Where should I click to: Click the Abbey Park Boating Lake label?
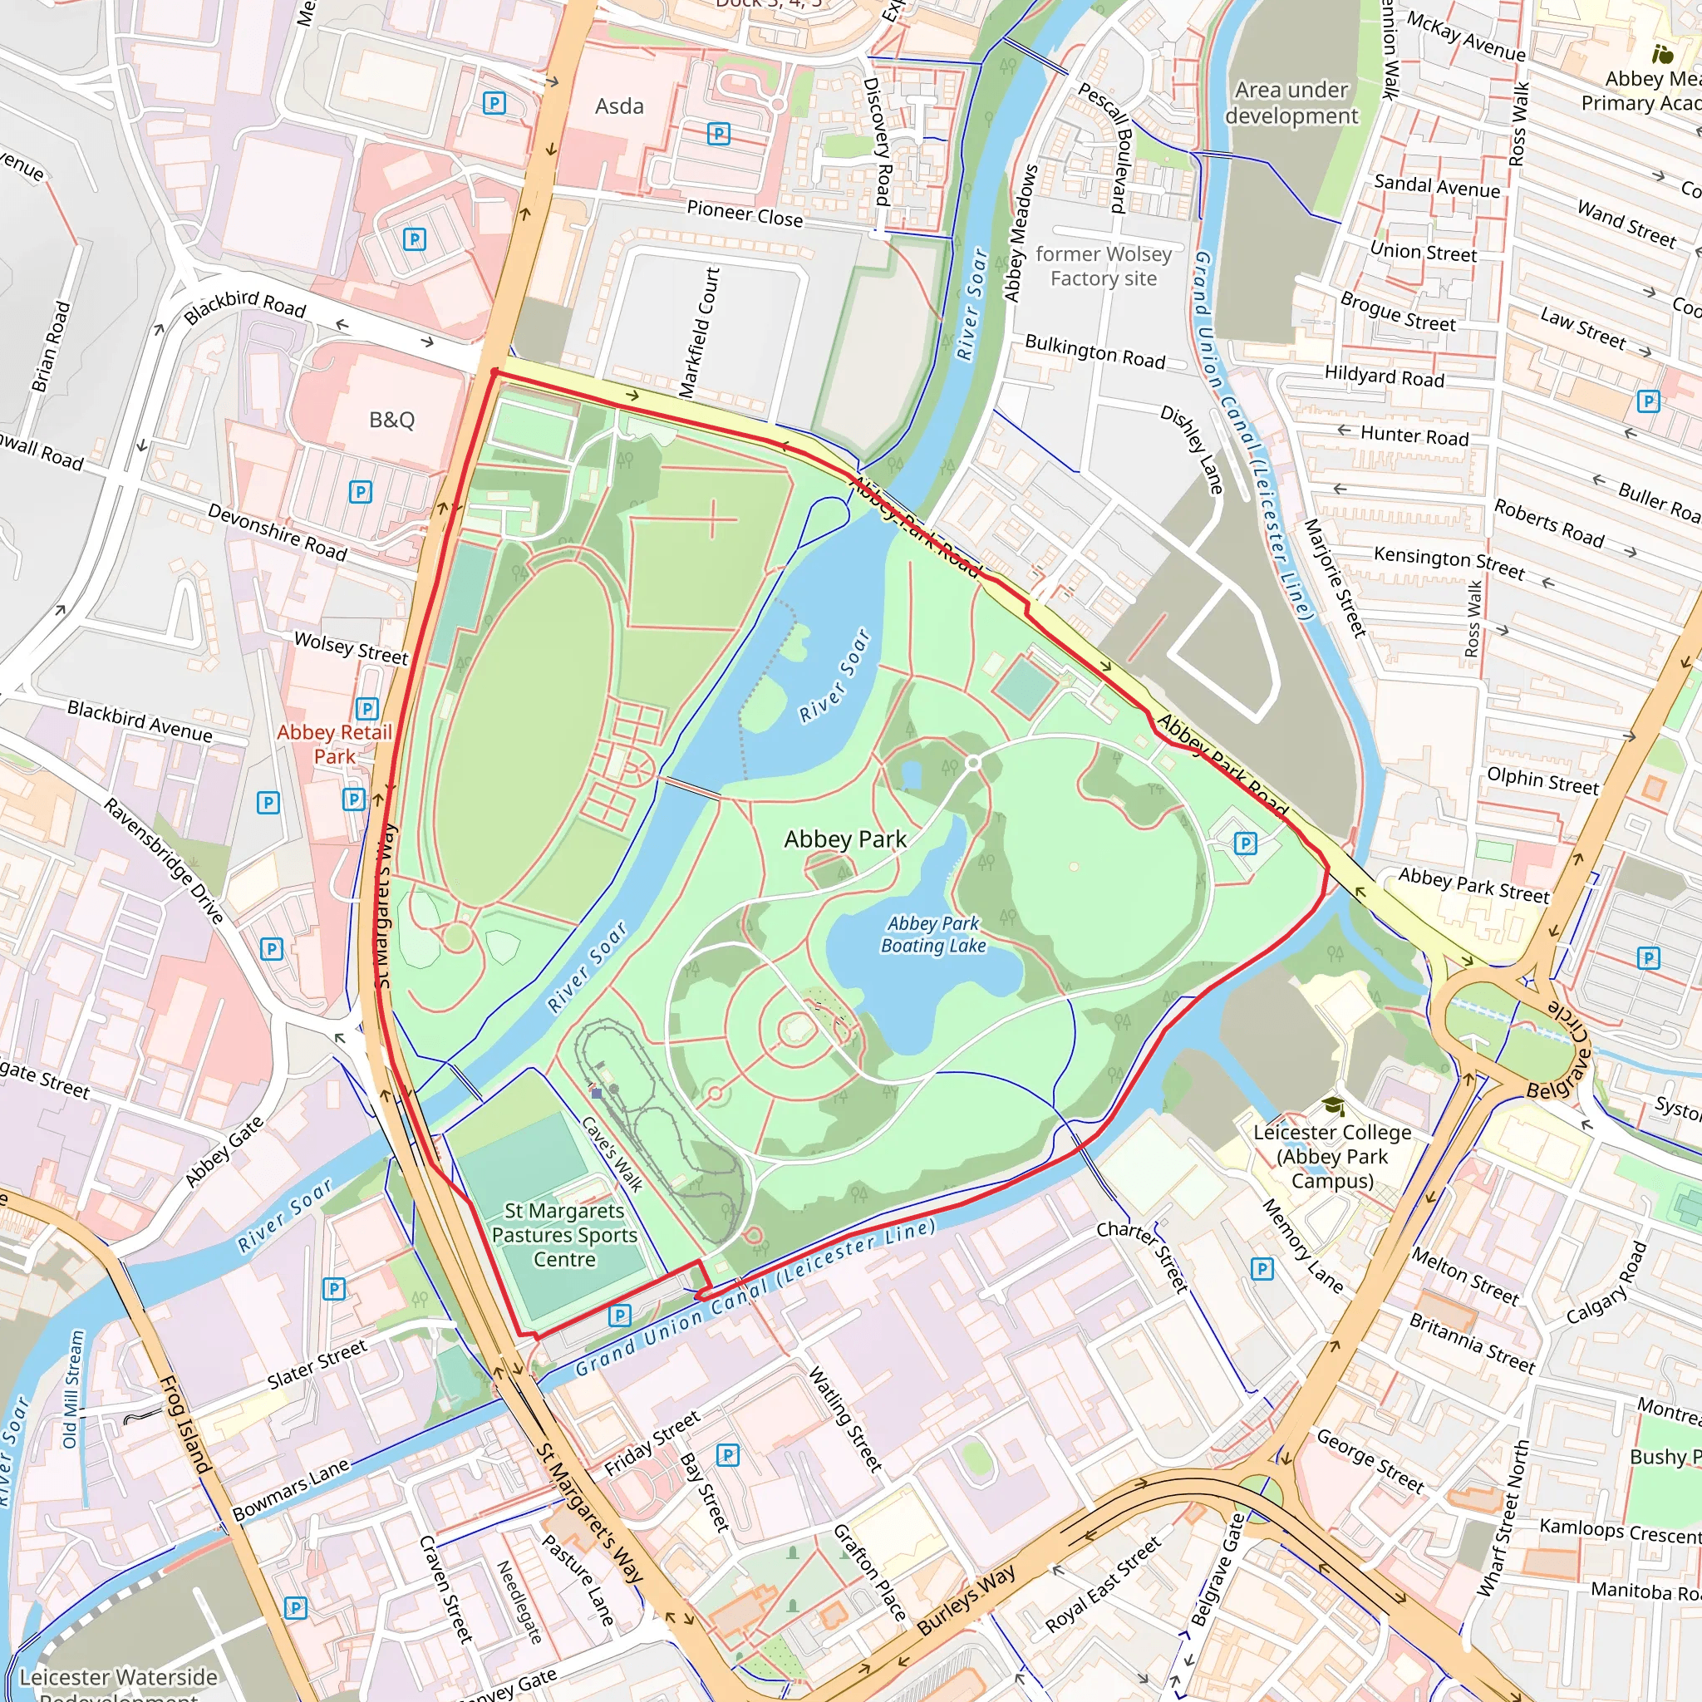(x=933, y=934)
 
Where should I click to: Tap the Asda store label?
(x=619, y=106)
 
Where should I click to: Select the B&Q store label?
(x=391, y=420)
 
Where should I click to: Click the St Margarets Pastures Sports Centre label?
(x=563, y=1235)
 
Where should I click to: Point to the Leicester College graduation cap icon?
(x=1333, y=1105)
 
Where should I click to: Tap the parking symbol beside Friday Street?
(x=727, y=1454)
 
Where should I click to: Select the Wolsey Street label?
(x=351, y=647)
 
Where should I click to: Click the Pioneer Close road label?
(x=745, y=214)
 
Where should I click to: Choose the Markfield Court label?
(x=700, y=332)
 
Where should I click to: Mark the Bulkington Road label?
(x=1094, y=352)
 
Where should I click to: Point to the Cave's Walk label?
(x=612, y=1154)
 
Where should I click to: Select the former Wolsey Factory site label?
(x=1103, y=266)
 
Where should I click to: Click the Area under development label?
(x=1291, y=103)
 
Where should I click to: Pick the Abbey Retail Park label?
(x=334, y=744)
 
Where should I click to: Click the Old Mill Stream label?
(x=73, y=1390)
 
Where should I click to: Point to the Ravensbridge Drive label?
(x=164, y=860)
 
